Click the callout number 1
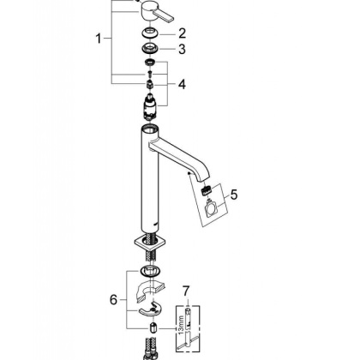[99, 39]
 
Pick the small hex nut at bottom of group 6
[150, 329]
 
